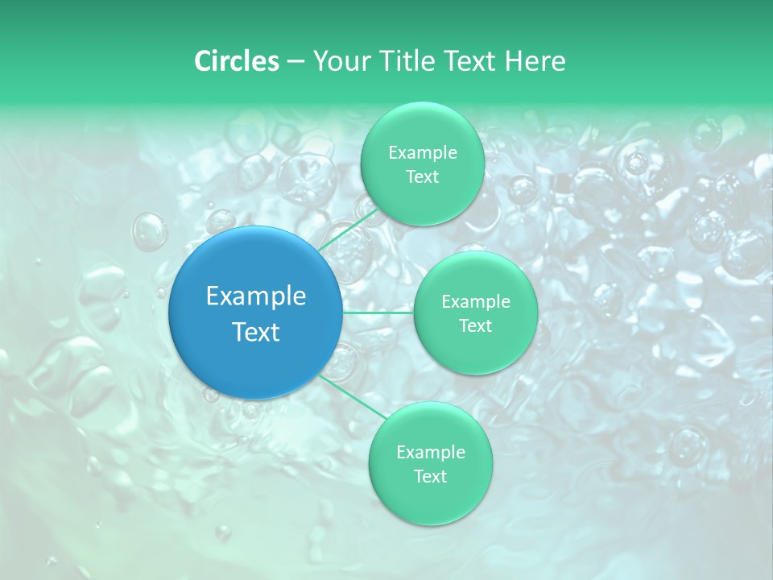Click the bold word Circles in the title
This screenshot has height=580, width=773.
[x=237, y=61]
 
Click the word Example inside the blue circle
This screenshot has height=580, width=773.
[x=256, y=296]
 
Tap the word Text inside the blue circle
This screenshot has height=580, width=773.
[x=256, y=332]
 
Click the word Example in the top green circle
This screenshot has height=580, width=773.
[x=423, y=153]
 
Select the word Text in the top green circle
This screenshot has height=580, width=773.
[x=422, y=177]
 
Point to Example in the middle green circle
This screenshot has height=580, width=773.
[x=476, y=302]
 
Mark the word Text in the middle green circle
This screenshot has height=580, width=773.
[x=475, y=326]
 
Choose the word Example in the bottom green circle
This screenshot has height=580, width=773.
[x=431, y=453]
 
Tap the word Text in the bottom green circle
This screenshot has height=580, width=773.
[x=430, y=477]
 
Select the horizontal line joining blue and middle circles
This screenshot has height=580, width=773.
[x=378, y=313]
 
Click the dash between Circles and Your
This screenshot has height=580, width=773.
[x=296, y=62]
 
